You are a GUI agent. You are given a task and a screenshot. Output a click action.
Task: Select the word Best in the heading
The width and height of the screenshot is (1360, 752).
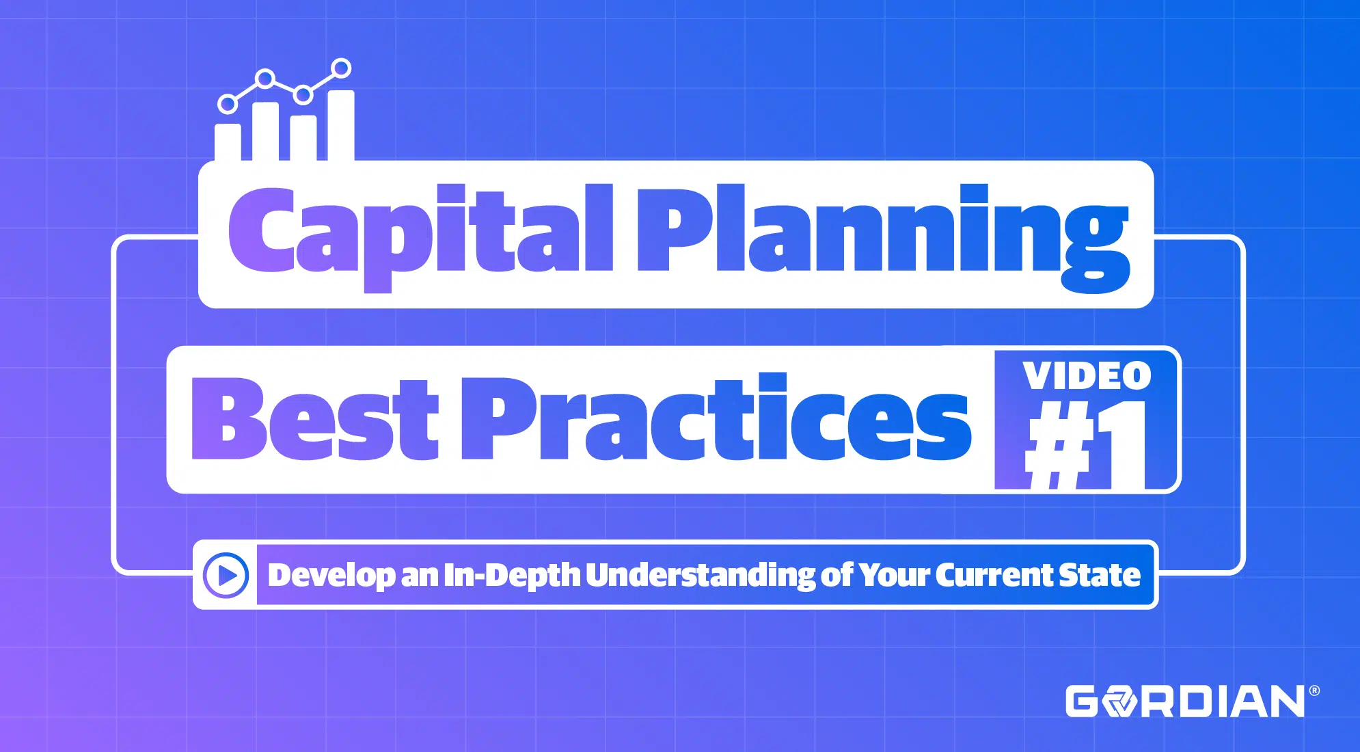coord(315,418)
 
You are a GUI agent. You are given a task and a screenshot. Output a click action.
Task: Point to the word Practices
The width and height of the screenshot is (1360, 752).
coord(716,417)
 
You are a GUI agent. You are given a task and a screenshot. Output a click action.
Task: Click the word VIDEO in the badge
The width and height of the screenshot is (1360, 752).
coord(1087,376)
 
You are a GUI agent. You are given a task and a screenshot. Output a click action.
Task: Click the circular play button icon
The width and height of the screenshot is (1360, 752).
coord(226,575)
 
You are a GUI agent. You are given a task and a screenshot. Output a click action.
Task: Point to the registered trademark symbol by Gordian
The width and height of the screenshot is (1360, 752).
coord(1314,691)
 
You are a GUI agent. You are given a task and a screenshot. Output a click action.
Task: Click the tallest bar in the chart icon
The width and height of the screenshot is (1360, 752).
coord(342,125)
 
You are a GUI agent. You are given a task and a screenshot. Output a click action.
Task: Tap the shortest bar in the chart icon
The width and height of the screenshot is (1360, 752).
coord(228,142)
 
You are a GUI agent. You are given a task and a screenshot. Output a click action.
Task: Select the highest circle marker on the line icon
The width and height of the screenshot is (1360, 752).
coord(341,68)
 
